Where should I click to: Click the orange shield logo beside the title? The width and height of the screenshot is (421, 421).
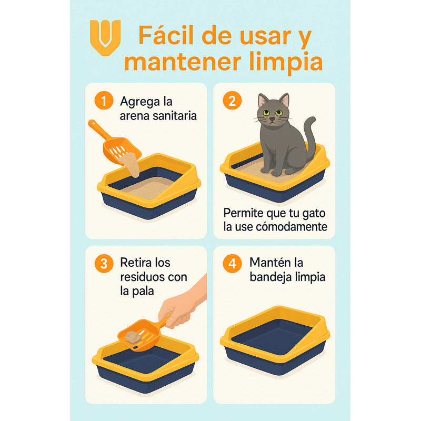[105, 35]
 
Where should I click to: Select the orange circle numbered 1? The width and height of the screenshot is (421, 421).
[104, 101]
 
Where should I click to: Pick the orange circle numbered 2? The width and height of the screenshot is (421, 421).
[232, 101]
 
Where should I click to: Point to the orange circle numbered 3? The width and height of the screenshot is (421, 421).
[104, 264]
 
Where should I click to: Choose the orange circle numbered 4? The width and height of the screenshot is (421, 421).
[232, 264]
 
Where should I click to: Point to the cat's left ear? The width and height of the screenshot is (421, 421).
[285, 99]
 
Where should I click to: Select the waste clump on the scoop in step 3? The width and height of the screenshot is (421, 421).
[132, 337]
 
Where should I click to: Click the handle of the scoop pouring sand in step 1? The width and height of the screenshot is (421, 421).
[98, 129]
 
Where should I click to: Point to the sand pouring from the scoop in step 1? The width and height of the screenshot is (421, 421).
[132, 164]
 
